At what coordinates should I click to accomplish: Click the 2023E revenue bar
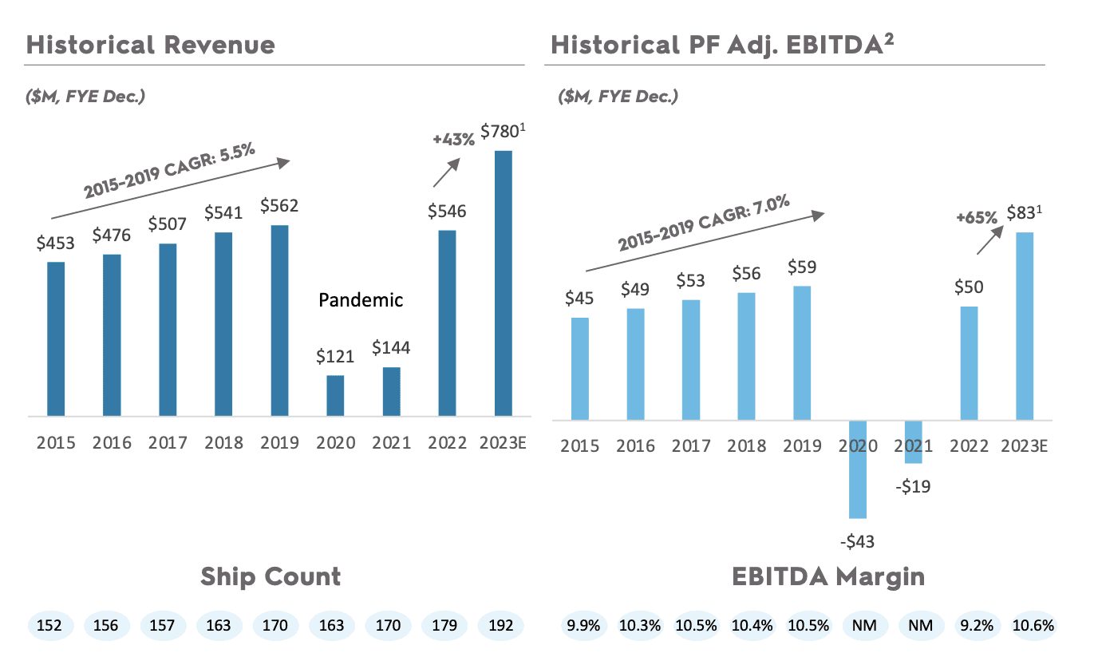click(x=503, y=283)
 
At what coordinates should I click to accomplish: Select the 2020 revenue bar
click(x=335, y=395)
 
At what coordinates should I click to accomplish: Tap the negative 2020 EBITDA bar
click(x=857, y=469)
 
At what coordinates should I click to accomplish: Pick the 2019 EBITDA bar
click(x=801, y=353)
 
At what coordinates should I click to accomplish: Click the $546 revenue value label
click(x=447, y=212)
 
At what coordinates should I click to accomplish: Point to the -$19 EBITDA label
click(x=913, y=486)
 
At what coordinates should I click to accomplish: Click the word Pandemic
click(x=361, y=300)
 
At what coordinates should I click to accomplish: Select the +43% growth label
click(x=453, y=138)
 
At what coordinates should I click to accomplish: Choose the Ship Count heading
click(x=271, y=576)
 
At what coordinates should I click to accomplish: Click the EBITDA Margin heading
click(x=828, y=576)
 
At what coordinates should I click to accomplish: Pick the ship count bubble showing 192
click(x=500, y=625)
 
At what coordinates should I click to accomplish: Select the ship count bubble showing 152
click(x=50, y=625)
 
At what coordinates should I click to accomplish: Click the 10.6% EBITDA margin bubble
click(x=1033, y=625)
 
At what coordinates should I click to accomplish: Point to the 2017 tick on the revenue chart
click(x=168, y=443)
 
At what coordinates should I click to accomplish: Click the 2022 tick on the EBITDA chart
click(x=969, y=445)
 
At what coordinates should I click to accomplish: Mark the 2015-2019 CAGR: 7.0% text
click(x=704, y=224)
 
